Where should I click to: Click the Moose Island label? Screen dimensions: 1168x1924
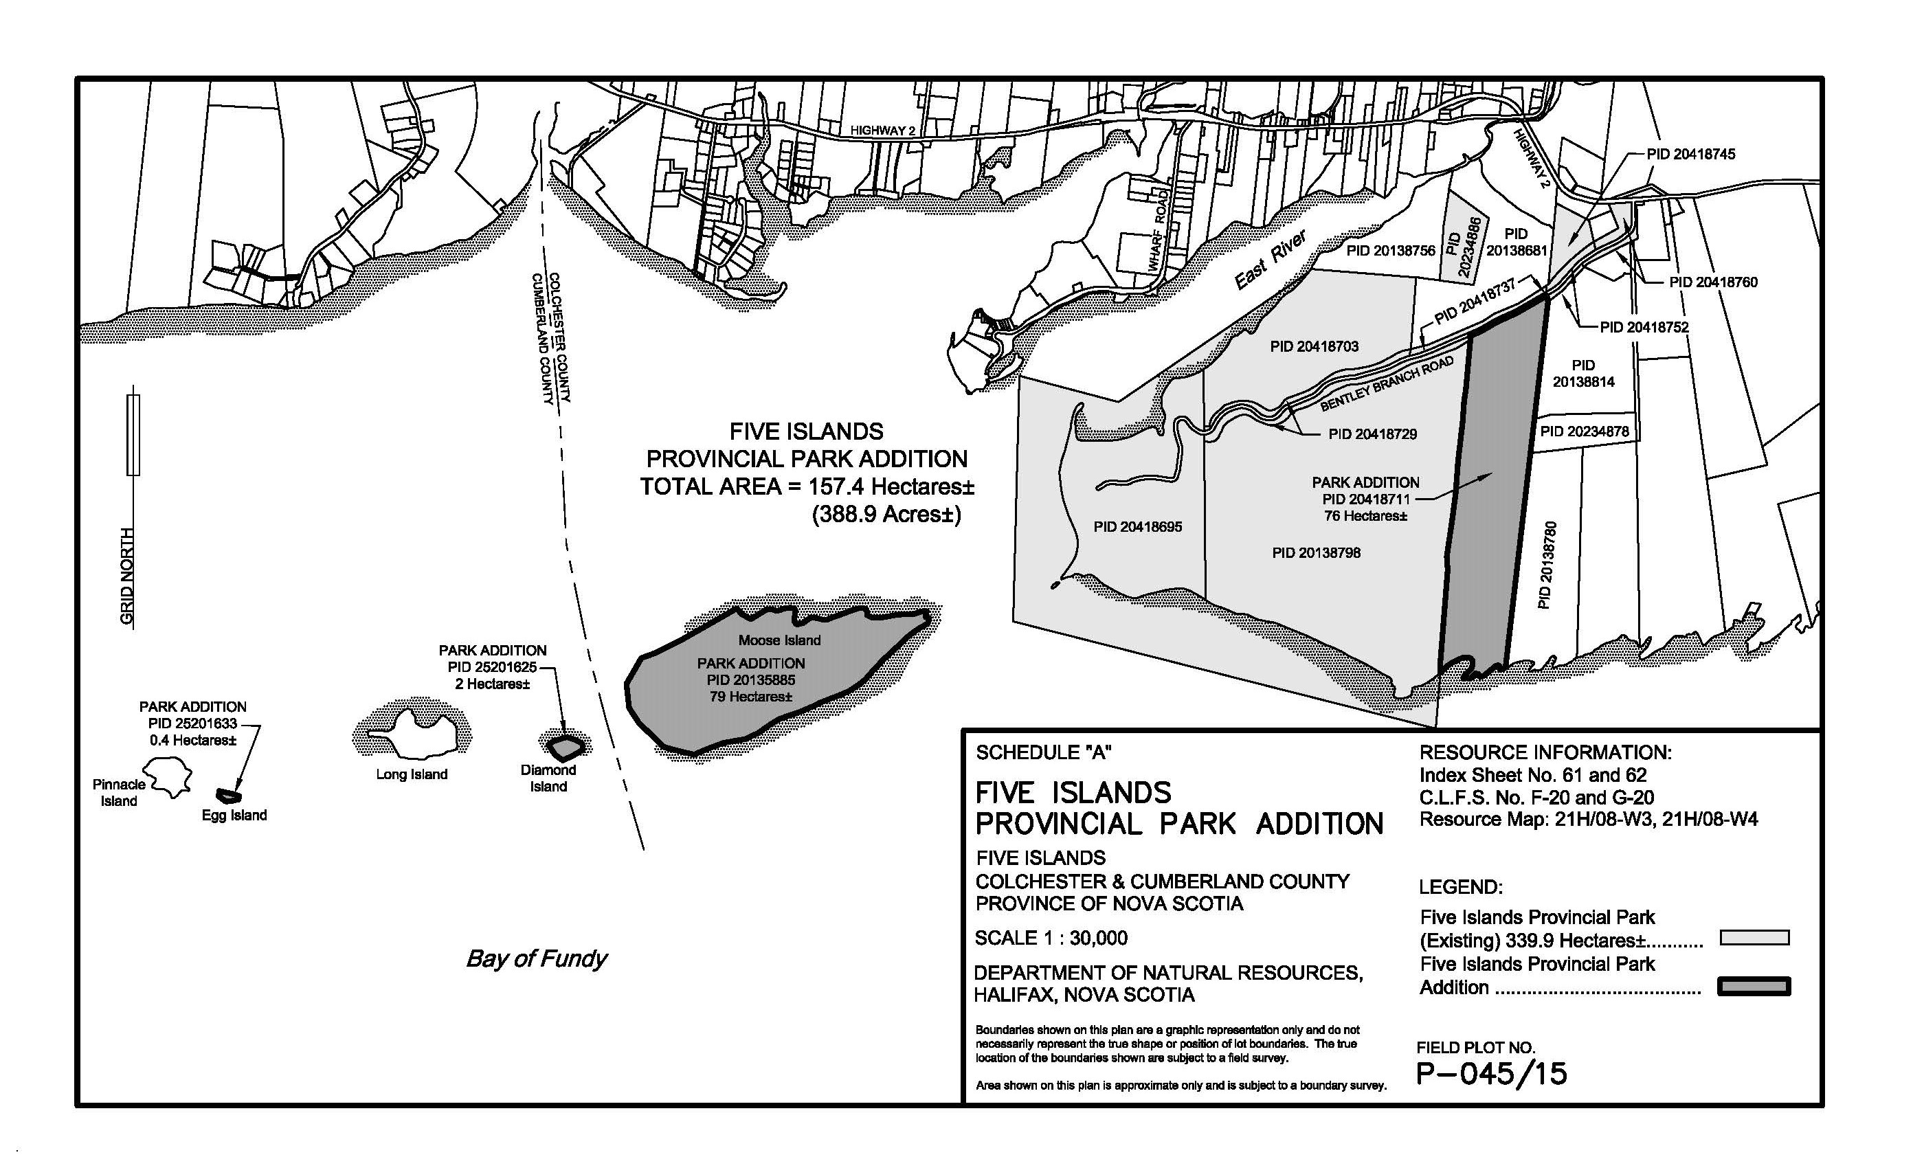click(x=779, y=640)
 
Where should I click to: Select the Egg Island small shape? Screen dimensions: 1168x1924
click(x=229, y=796)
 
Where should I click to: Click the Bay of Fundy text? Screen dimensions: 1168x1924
click(x=537, y=958)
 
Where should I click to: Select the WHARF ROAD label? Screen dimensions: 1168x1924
click(x=1158, y=230)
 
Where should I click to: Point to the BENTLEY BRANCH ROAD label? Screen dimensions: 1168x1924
click(x=1387, y=384)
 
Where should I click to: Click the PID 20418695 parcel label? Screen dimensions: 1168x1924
click(x=1138, y=527)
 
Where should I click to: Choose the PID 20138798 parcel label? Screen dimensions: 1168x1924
click(x=1316, y=553)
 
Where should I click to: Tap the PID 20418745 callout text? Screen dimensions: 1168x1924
click(x=1690, y=155)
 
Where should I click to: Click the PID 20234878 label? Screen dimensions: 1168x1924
click(x=1585, y=431)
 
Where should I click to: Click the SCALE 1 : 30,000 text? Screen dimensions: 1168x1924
click(x=1051, y=938)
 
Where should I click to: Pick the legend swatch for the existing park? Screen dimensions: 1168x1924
click(x=1754, y=938)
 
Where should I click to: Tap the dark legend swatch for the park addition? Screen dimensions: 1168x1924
click(x=1754, y=987)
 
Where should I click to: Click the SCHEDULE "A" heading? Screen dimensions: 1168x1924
click(x=1043, y=752)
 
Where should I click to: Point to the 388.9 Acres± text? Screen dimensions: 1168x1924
click(x=886, y=515)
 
